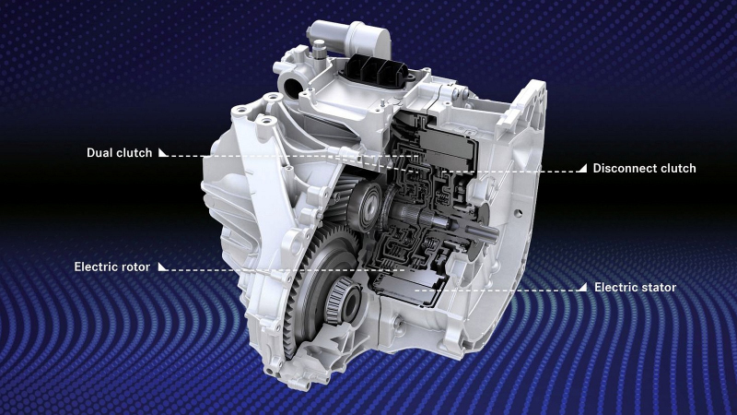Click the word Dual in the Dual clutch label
[100, 153]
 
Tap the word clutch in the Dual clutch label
[135, 153]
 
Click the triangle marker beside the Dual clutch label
[163, 152]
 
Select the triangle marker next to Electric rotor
[163, 267]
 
